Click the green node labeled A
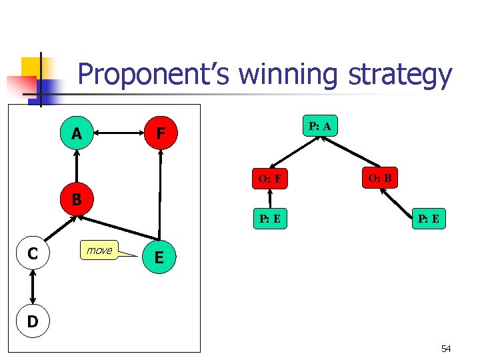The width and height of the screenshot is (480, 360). coord(77,134)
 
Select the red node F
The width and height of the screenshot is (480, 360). coord(161,134)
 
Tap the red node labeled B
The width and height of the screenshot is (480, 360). coord(77,199)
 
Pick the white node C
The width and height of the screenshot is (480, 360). coord(32,253)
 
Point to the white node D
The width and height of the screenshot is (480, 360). coord(32,321)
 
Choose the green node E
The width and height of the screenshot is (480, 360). coord(159,257)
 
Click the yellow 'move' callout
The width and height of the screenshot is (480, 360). coord(99,250)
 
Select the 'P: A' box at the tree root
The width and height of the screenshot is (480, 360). coord(321,126)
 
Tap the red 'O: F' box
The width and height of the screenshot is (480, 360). coord(269,179)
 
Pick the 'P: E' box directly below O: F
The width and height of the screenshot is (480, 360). coord(269,219)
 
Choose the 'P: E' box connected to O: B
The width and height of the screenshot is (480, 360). coord(429,219)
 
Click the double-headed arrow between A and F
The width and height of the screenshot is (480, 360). coord(119,134)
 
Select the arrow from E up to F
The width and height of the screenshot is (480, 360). coord(160,193)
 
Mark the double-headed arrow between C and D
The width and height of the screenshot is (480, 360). coord(32,287)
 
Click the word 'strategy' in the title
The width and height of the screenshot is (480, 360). coord(399,75)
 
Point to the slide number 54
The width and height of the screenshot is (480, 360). coord(446,349)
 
